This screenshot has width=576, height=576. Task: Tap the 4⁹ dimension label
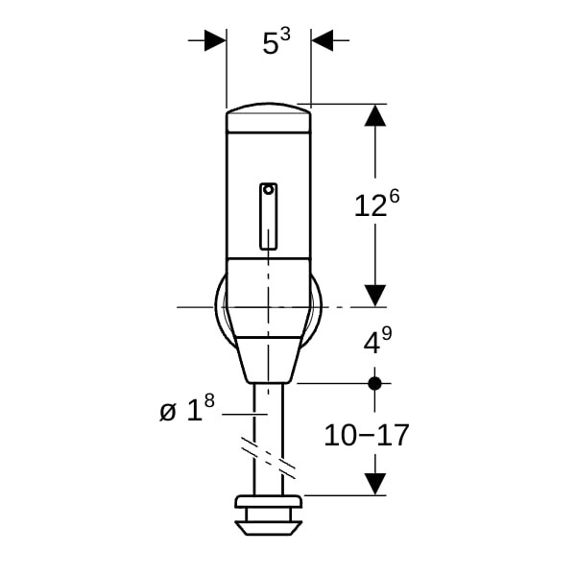[377, 341]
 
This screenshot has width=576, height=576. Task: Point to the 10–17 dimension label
[367, 435]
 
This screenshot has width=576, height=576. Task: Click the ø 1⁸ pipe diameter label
[187, 408]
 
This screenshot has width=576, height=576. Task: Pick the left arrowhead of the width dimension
[215, 40]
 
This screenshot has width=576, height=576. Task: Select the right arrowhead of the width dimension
[323, 40]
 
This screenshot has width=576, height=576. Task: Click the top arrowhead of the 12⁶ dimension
[375, 115]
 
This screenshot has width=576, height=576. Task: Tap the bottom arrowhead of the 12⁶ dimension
[375, 296]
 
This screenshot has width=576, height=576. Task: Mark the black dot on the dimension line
[375, 383]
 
